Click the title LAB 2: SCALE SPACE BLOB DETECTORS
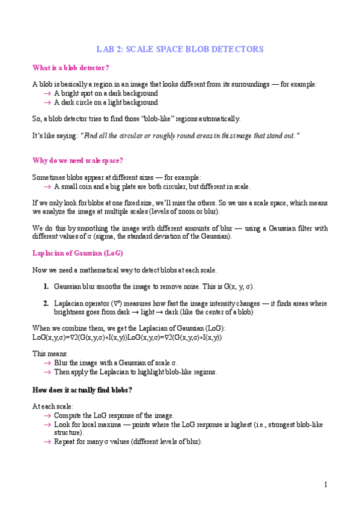180,49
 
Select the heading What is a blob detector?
71,67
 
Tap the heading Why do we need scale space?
78,161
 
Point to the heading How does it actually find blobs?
82,390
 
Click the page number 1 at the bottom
325,485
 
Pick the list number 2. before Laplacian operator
46,304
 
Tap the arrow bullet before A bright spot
47,94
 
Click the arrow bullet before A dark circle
47,103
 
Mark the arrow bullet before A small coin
47,186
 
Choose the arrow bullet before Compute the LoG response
47,416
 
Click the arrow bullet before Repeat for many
47,442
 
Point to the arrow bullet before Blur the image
47,363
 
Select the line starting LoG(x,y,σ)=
127,337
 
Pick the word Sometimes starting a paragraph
47,177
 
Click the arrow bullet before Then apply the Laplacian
47,372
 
